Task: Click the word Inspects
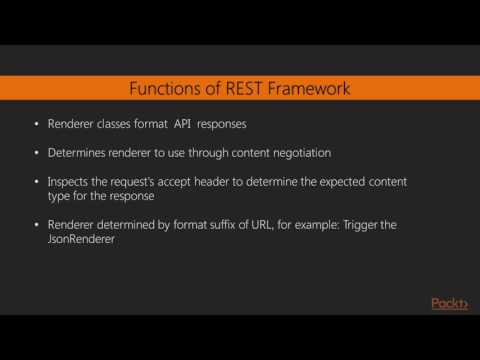[x=70, y=182]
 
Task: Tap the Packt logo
[x=449, y=303]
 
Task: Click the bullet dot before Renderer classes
[x=37, y=126]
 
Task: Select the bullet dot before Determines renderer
[x=37, y=154]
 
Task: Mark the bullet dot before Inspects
[x=37, y=182]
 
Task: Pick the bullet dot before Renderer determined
[x=37, y=225]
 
